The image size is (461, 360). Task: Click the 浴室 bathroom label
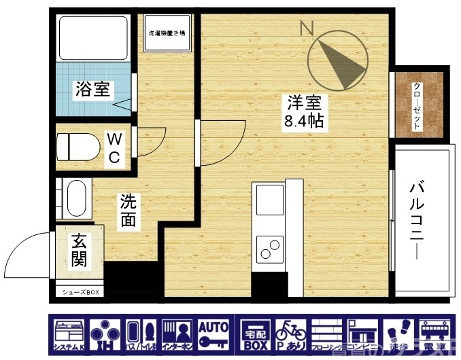point(95,88)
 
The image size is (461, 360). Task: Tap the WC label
point(115,148)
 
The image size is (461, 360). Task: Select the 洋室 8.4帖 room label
point(303,113)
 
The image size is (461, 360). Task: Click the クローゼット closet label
point(417,105)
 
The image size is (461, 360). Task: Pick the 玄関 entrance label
point(79,249)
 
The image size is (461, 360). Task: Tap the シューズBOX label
point(81,292)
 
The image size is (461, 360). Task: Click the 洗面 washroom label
point(128,210)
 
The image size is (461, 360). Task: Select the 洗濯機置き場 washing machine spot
point(168,32)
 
